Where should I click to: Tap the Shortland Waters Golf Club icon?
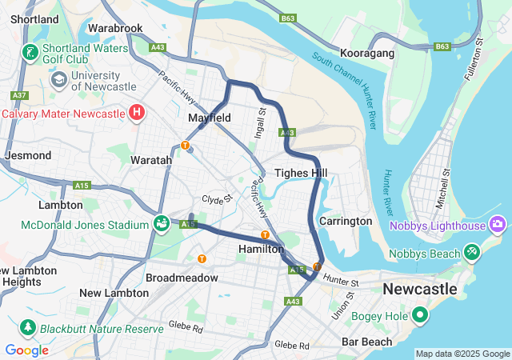coord(30,54)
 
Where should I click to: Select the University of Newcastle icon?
coord(58,80)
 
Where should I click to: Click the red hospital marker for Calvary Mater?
coord(137,113)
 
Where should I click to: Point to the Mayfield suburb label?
coord(209,118)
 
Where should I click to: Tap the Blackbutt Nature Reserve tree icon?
coord(28,328)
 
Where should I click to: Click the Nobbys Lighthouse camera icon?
coord(498,226)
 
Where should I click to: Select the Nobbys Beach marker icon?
coord(472,254)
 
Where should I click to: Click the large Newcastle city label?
coord(419,288)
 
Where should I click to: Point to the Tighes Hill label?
coord(300,173)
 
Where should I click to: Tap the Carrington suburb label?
coord(346,221)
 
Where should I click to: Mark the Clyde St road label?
coord(216,199)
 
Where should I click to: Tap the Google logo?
coord(26,350)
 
